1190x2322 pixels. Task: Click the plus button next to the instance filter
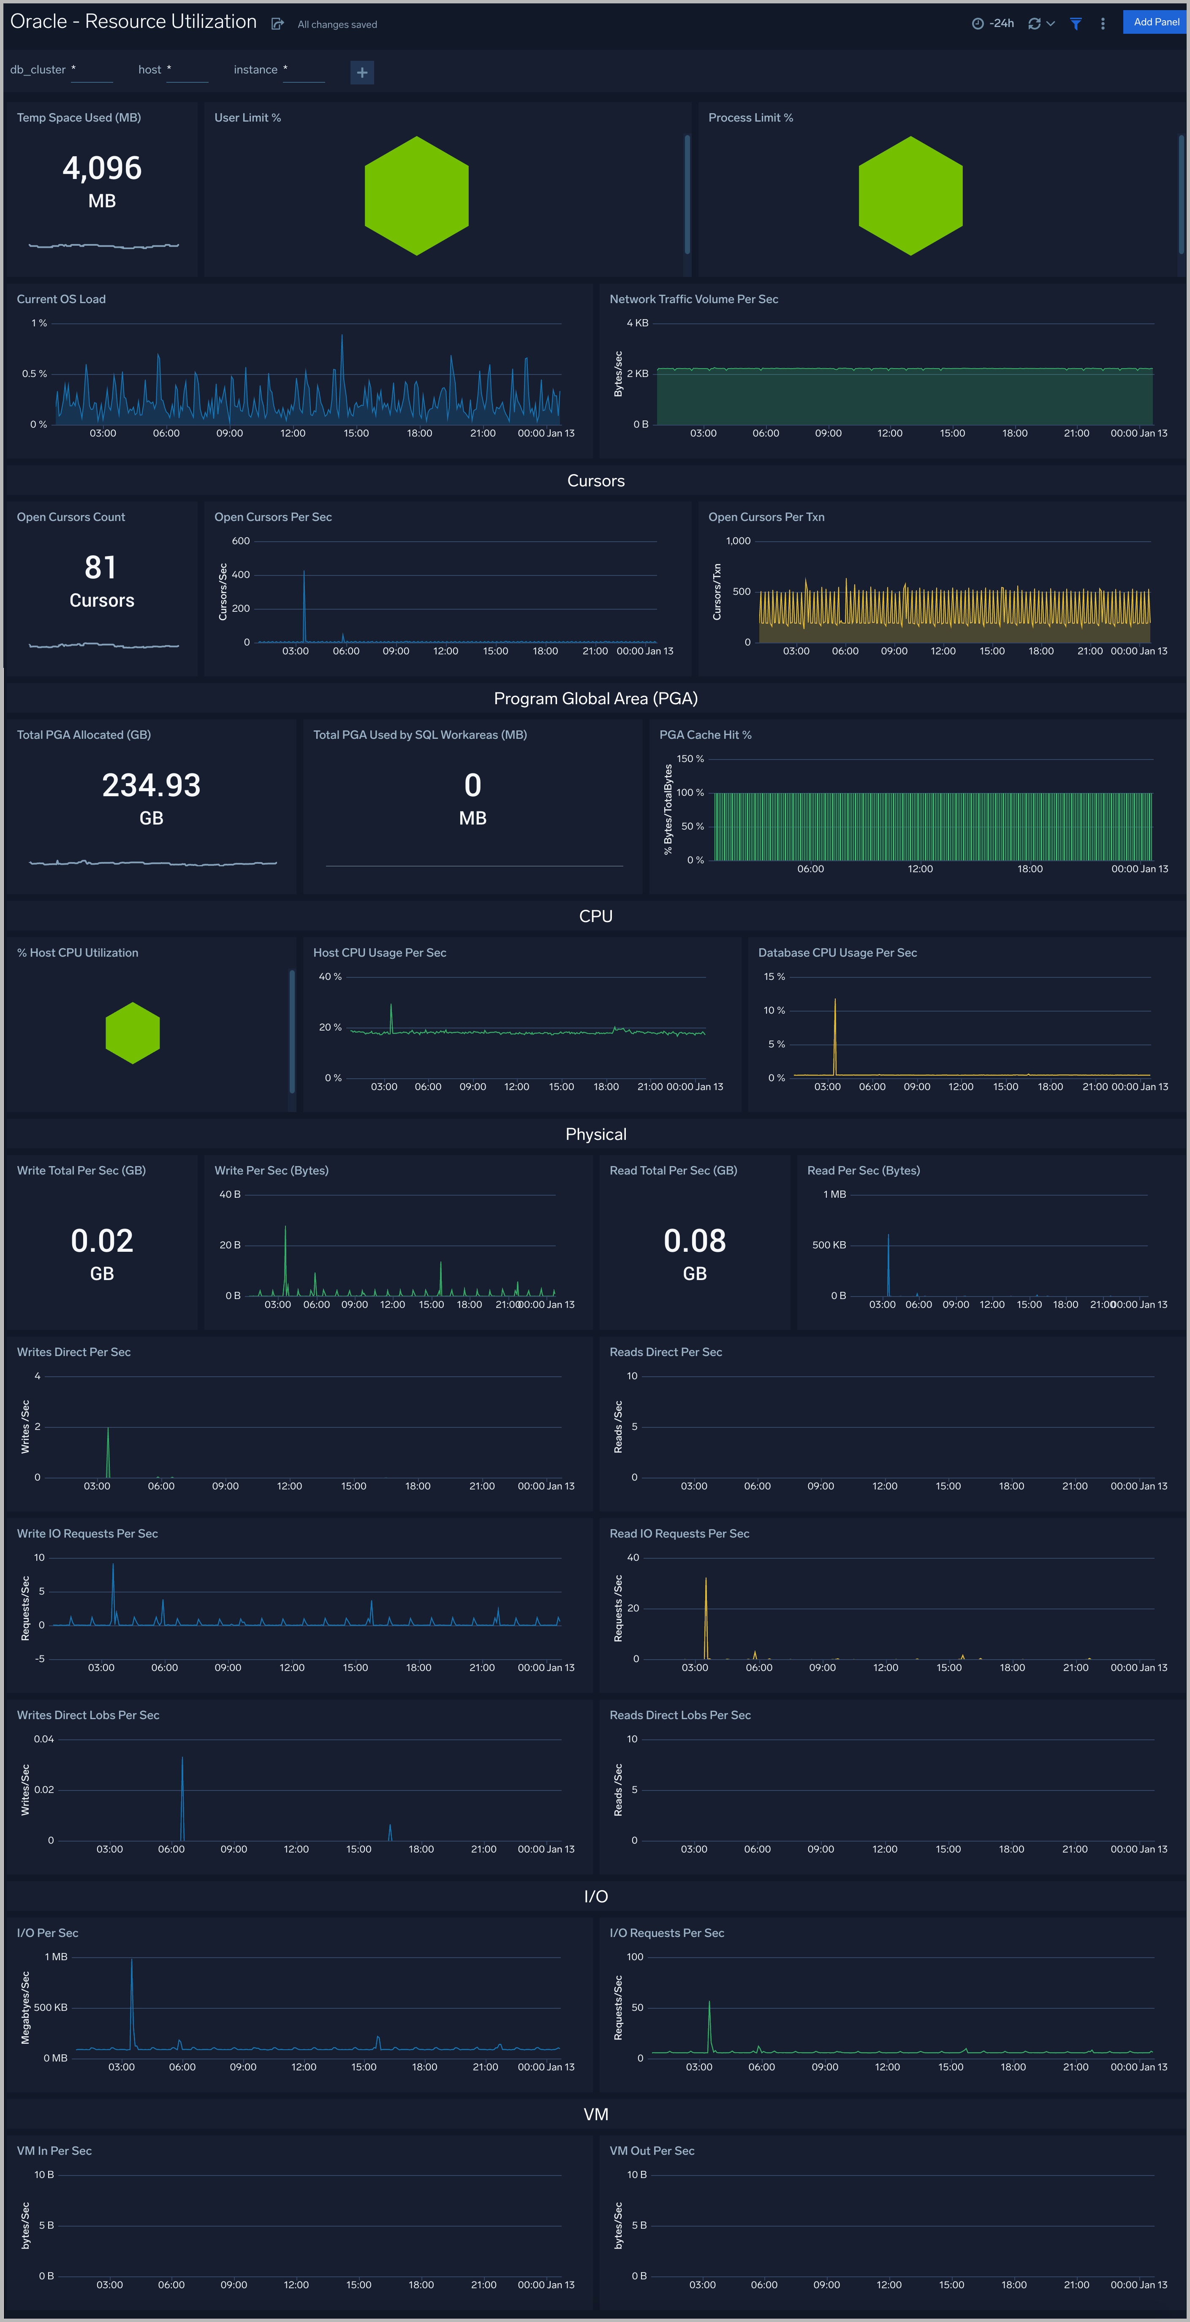[361, 72]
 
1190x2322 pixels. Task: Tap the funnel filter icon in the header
[1076, 24]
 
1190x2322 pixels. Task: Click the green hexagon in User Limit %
[416, 195]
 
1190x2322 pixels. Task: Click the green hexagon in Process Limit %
[910, 195]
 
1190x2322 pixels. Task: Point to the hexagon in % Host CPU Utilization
[133, 1033]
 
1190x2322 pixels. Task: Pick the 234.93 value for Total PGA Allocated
[152, 785]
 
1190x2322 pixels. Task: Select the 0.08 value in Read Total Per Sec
[694, 1241]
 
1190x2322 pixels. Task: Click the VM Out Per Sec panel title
[652, 2151]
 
